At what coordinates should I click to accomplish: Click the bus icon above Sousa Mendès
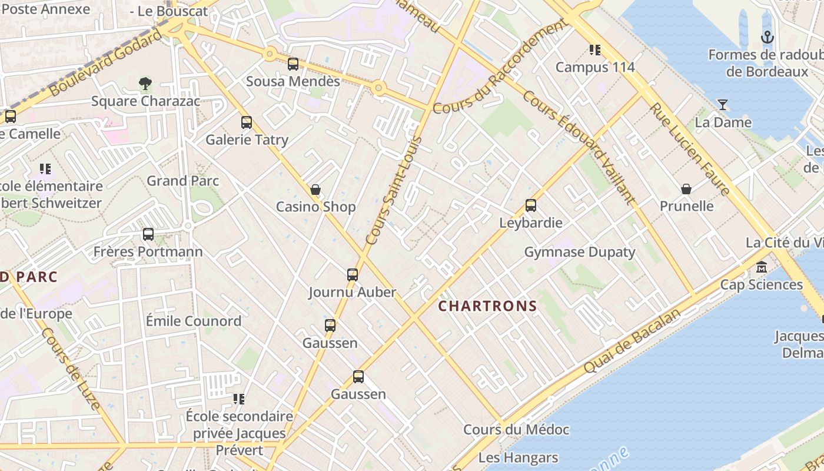tap(293, 64)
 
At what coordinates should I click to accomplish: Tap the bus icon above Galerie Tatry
tap(247, 122)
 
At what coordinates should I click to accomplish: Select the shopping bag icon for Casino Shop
tap(315, 190)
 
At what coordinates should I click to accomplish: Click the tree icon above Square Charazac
tap(145, 84)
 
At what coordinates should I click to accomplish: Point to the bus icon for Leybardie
tap(531, 205)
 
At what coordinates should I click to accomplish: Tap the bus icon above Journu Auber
tap(353, 274)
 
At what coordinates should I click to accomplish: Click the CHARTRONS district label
tap(487, 306)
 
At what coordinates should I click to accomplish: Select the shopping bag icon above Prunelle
tap(686, 189)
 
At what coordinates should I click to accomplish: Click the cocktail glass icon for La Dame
tap(723, 105)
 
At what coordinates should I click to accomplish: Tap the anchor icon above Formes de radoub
tap(767, 38)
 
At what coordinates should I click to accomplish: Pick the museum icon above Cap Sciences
tap(762, 267)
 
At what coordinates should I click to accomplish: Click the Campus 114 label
tap(595, 67)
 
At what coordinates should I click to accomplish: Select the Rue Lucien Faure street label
tap(690, 150)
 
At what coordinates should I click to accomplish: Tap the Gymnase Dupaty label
tap(580, 253)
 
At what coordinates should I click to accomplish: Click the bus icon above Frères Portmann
tap(148, 234)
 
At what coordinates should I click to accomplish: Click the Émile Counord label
tap(194, 321)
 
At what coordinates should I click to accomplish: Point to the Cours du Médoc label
tap(516, 430)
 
